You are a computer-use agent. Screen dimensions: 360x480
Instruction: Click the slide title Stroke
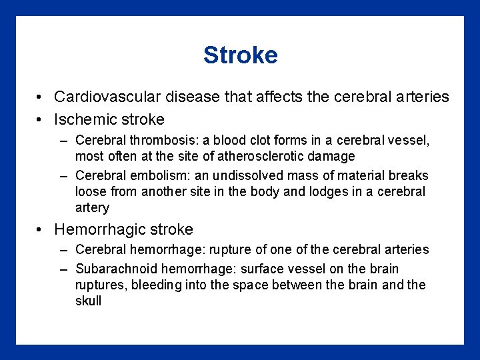pos(240,55)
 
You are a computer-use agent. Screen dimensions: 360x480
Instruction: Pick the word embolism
pos(149,175)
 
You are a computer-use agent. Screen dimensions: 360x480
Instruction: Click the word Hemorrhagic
pos(97,230)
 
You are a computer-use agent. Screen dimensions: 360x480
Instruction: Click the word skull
pos(88,301)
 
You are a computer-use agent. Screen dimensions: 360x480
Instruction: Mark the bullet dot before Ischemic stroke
pos(41,120)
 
